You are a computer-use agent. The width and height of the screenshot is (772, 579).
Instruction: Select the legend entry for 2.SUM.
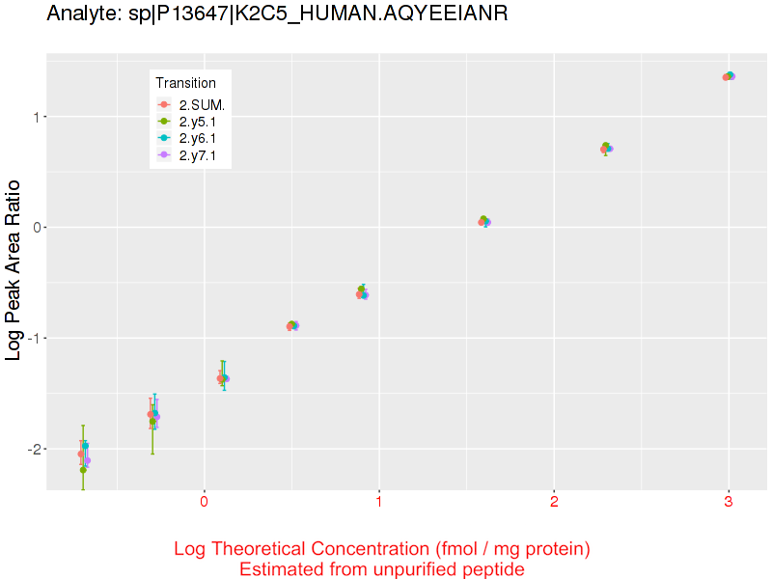201,104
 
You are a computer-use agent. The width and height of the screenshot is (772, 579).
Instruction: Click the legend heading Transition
185,83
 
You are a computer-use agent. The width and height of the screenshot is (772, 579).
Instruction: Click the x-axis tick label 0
204,503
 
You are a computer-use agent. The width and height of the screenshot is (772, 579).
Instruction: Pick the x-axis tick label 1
379,503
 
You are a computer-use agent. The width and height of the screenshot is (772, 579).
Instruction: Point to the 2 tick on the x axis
554,503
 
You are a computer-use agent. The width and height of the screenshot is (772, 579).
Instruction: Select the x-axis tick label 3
729,503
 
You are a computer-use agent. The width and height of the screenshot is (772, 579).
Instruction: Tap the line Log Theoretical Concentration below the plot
382,549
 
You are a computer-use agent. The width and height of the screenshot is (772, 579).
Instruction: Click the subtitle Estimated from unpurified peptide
382,569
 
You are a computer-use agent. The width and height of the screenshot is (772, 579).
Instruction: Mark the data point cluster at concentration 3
729,76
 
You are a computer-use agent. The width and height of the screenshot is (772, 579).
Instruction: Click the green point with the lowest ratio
83,470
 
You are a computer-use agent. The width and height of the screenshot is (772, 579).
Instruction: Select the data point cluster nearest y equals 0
484,221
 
